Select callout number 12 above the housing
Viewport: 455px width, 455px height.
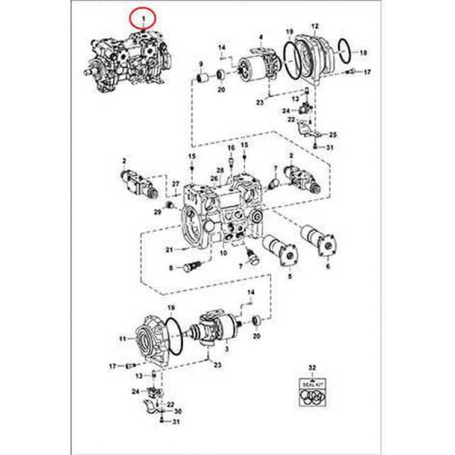click(x=315, y=26)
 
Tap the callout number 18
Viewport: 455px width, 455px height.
click(x=363, y=53)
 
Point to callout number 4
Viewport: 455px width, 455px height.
click(x=260, y=38)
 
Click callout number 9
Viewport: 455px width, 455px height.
click(x=201, y=63)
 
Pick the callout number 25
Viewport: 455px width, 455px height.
click(x=333, y=135)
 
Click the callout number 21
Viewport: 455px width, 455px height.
click(x=169, y=250)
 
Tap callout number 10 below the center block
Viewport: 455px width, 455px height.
click(x=223, y=253)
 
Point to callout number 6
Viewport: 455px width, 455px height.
click(x=328, y=266)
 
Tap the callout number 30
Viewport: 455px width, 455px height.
click(x=177, y=411)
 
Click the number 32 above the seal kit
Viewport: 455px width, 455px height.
click(x=311, y=368)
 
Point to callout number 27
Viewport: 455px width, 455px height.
click(x=176, y=184)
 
